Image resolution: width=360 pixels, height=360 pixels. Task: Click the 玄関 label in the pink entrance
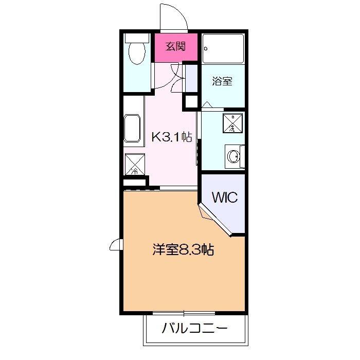pos(175,47)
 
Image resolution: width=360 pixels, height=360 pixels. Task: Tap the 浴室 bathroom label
pos(222,81)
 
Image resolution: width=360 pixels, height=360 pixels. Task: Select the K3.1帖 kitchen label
pos(171,137)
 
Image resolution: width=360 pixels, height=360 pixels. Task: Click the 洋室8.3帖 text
pos(183,250)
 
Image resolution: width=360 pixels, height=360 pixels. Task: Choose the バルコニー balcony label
pos(194,328)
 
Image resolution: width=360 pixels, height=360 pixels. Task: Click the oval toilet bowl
pos(137,53)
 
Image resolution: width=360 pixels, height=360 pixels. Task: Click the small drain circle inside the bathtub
pos(206,49)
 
